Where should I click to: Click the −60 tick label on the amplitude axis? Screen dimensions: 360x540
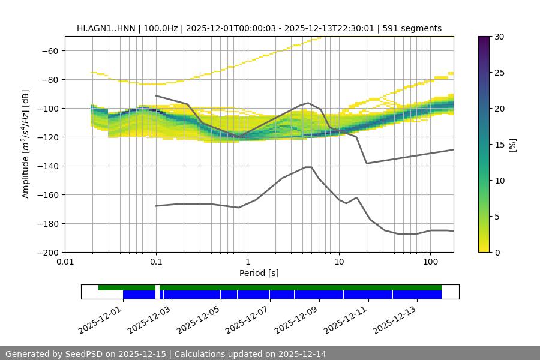(49, 51)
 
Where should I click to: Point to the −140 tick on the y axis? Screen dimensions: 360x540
(49, 166)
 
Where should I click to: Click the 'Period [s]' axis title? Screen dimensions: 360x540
(259, 274)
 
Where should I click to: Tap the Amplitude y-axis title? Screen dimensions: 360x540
(25, 145)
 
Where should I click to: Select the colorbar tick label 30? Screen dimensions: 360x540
(499, 37)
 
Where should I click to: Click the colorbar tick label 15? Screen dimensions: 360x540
(499, 145)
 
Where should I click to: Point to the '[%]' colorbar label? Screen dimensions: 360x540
(512, 145)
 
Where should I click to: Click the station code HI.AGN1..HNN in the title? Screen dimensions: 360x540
(106, 28)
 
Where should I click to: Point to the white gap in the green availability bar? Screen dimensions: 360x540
(157, 287)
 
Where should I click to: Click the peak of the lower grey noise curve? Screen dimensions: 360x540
(308, 167)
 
